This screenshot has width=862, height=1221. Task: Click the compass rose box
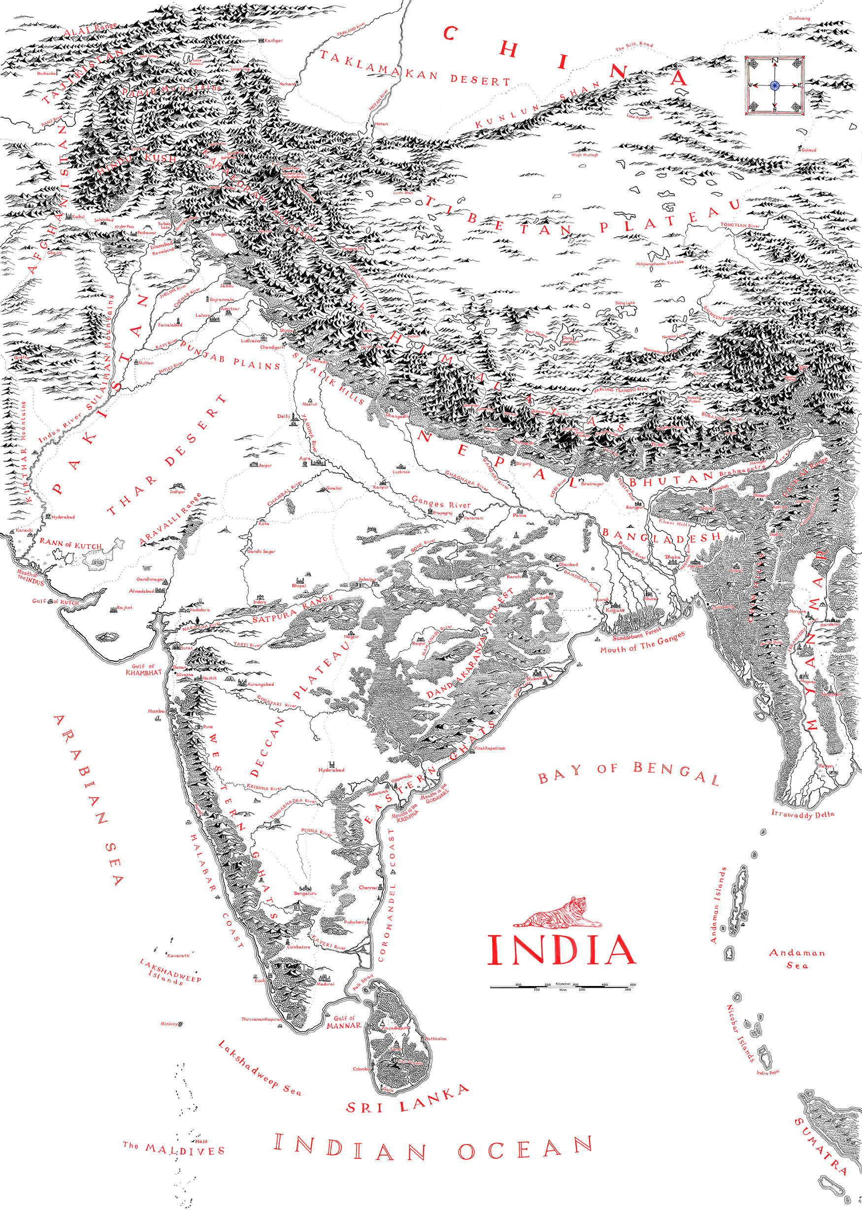774,85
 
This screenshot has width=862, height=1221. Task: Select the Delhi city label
283,416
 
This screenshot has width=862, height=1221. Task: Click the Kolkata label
615,610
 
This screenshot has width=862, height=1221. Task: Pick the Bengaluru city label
305,893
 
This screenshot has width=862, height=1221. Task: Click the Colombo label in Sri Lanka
361,1069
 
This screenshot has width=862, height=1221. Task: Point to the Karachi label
24,530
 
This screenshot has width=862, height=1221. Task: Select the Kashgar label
273,40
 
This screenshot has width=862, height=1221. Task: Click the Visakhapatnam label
489,748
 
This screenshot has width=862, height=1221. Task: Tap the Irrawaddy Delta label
802,814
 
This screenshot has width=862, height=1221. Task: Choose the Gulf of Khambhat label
143,669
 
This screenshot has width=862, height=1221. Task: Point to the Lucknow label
401,472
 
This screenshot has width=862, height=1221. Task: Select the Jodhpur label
177,491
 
